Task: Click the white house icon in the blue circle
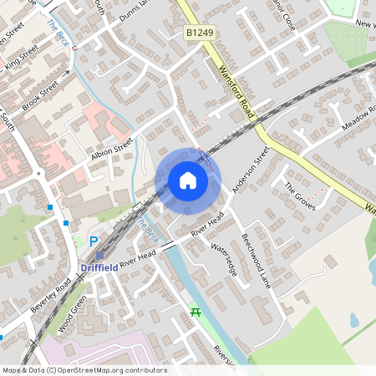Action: [188, 180]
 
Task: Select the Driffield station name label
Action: [99, 267]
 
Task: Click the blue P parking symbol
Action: [94, 241]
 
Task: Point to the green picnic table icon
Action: [196, 312]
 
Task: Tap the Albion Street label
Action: [111, 151]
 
